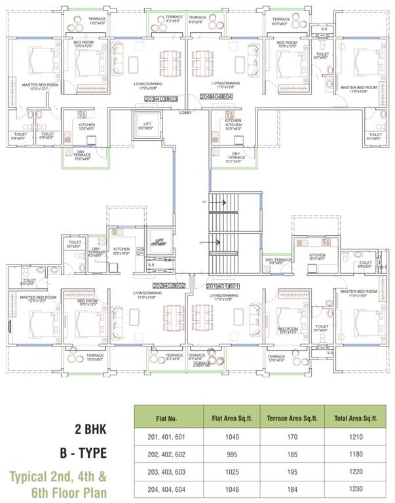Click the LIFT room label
pos(147,125)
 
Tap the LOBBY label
pos(185,113)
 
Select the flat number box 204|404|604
pos(217,96)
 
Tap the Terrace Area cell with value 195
pos(288,470)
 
